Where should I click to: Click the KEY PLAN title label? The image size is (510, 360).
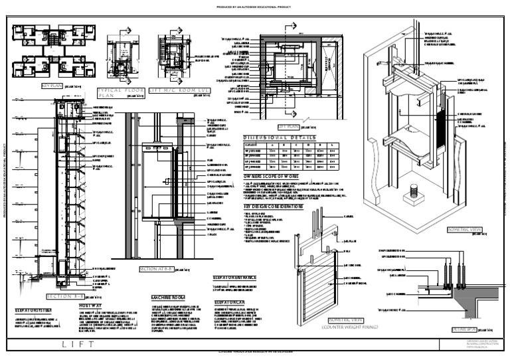(x=51, y=86)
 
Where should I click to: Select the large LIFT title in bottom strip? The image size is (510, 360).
(x=72, y=344)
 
